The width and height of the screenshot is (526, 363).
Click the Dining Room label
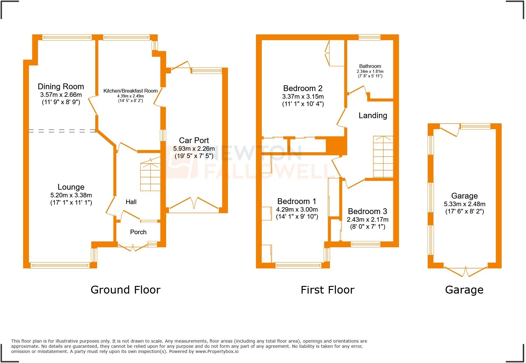(61, 86)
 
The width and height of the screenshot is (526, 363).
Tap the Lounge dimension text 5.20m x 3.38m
(71, 195)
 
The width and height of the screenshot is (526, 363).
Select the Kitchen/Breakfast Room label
(130, 91)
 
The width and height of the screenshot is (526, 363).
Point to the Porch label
(138, 232)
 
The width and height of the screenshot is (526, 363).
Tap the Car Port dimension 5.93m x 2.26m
(194, 149)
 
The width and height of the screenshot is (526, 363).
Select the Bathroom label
(370, 66)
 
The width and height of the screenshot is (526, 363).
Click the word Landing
(373, 115)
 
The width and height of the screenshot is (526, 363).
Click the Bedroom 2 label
(303, 88)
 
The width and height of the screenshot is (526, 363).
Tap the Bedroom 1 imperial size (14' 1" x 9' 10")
(297, 217)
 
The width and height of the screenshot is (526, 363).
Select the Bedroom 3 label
(367, 211)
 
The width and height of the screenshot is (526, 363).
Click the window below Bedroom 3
(365, 244)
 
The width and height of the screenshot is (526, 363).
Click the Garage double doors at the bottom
(465, 271)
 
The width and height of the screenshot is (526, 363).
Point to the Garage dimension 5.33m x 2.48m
(464, 204)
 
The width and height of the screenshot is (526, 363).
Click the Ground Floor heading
(125, 290)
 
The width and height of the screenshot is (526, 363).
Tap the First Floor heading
(327, 290)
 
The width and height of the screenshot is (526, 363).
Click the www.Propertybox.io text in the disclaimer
(217, 351)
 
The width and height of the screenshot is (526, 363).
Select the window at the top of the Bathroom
(369, 37)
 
